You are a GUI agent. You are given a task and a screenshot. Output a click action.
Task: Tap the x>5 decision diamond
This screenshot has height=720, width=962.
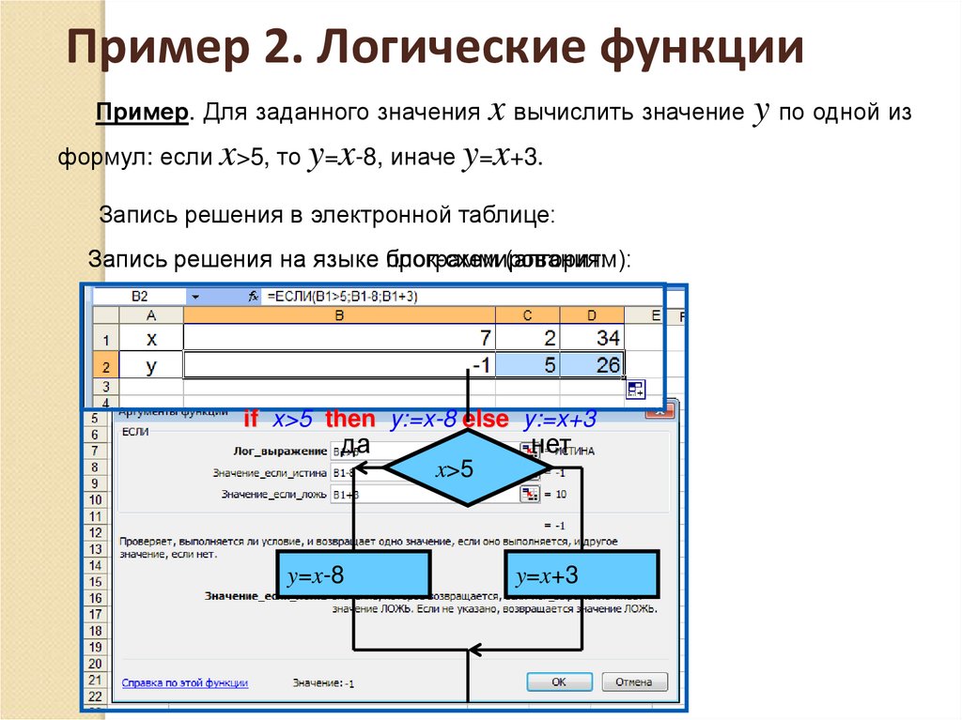click(468, 469)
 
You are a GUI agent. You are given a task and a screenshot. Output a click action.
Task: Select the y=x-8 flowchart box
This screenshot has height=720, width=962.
click(353, 575)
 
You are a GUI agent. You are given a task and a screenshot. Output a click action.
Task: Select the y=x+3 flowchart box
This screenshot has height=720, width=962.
click(582, 575)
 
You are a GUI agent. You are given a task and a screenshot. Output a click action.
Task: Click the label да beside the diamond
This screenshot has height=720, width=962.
click(355, 443)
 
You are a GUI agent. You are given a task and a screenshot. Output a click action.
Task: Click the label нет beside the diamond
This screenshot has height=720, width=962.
click(551, 443)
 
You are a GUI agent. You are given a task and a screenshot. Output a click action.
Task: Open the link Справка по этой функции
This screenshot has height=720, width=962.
click(184, 682)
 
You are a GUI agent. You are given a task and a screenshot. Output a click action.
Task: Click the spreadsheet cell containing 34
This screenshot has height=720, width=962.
click(592, 338)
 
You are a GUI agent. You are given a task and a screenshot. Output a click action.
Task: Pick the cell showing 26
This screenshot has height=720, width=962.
click(592, 364)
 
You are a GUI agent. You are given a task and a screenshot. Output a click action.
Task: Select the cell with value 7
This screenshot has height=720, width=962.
click(339, 338)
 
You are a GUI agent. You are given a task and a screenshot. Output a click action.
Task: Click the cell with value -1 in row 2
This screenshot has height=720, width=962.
click(339, 364)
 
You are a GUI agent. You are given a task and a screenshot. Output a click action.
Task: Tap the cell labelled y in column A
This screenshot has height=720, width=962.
click(150, 364)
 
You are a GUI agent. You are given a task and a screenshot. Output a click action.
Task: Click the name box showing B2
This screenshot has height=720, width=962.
click(140, 296)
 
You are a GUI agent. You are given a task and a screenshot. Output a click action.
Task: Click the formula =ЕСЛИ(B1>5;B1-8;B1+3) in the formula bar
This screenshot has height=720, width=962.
click(342, 296)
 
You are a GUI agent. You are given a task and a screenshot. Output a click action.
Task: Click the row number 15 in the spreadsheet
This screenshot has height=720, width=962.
click(95, 582)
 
